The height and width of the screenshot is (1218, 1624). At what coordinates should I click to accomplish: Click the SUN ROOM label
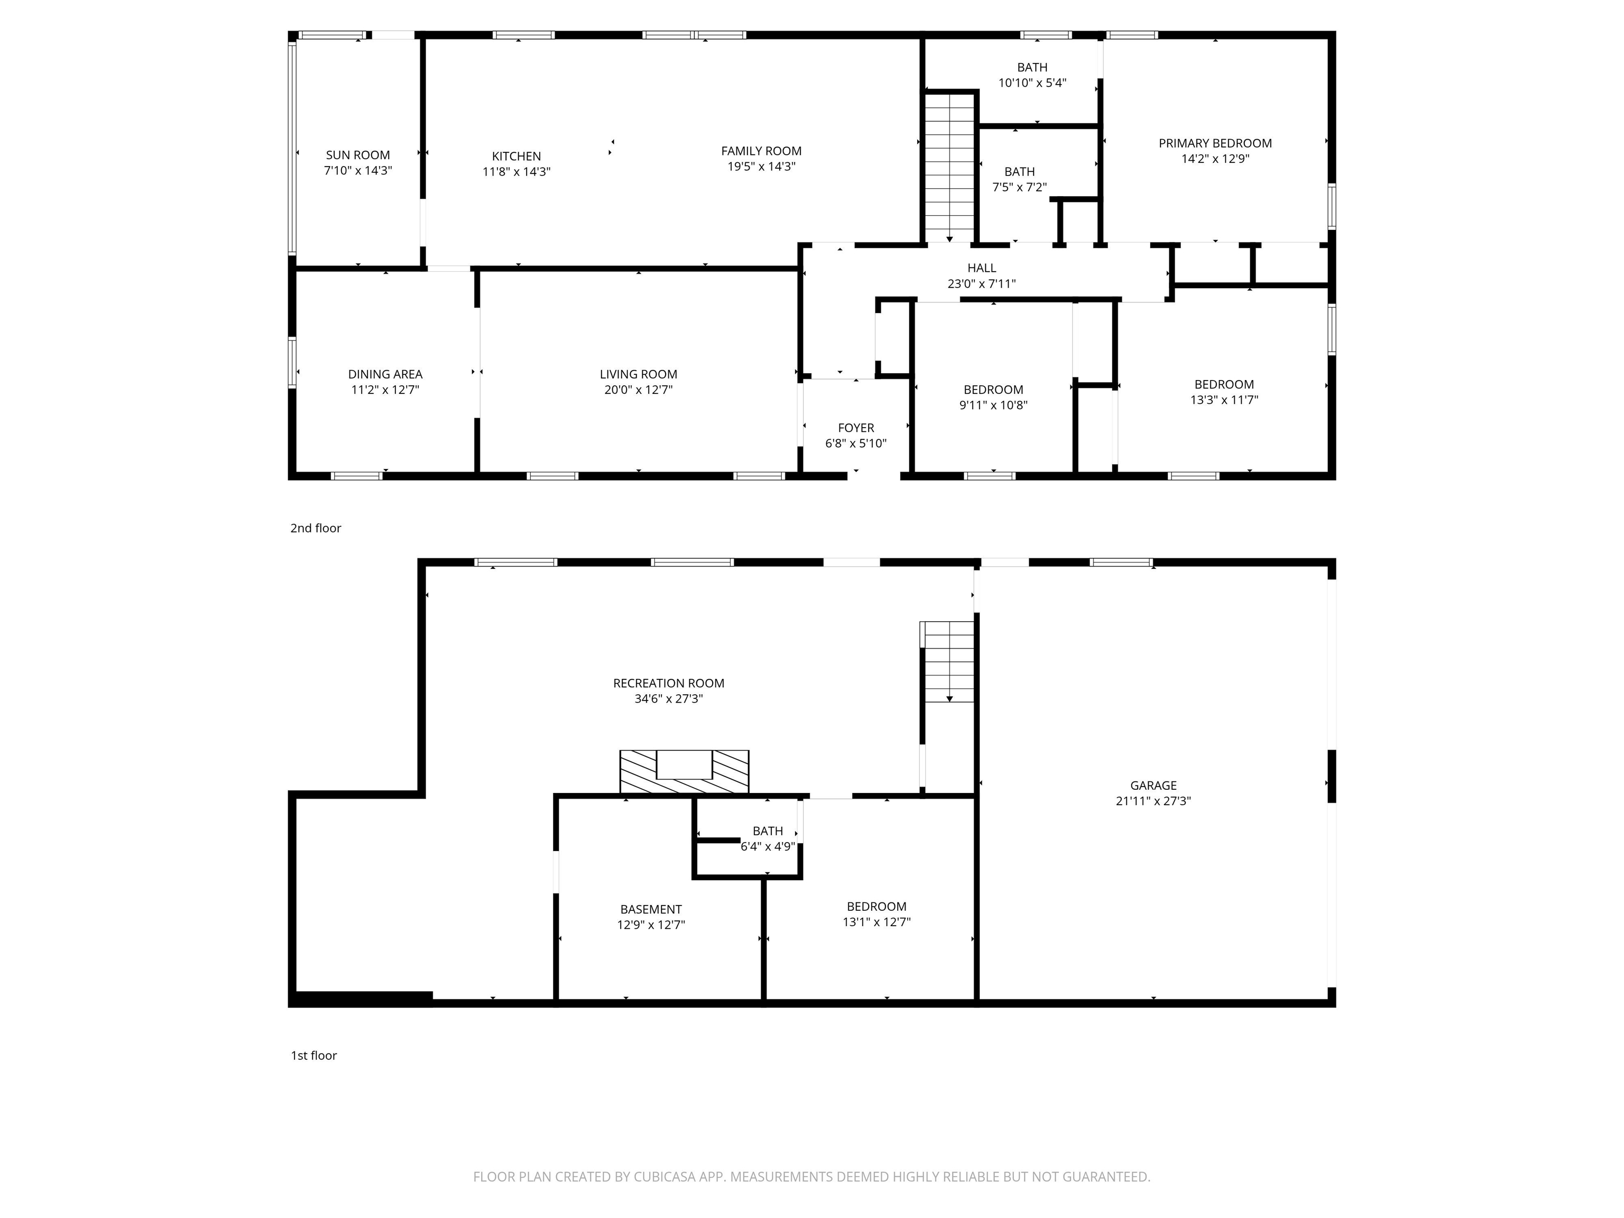[x=357, y=155]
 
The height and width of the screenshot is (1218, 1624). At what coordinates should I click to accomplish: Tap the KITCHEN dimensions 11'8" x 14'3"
[x=516, y=172]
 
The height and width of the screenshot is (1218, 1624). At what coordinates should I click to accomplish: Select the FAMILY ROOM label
[x=761, y=151]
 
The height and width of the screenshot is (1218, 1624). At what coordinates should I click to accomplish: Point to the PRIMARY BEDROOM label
[x=1214, y=143]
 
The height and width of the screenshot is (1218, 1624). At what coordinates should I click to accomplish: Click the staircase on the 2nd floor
[x=950, y=168]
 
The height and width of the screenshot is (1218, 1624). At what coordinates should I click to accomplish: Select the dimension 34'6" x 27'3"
[x=668, y=699]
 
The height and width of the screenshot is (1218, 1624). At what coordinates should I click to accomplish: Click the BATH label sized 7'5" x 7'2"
[x=1019, y=171]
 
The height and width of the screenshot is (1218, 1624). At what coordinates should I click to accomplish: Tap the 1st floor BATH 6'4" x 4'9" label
[x=767, y=831]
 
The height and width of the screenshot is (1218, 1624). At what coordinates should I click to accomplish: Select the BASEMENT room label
[x=650, y=909]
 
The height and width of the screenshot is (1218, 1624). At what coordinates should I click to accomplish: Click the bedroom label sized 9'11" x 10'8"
[x=993, y=389]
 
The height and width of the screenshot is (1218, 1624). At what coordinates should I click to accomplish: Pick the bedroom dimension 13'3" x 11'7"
[x=1223, y=400]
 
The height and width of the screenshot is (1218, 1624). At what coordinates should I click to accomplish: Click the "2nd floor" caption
[x=316, y=528]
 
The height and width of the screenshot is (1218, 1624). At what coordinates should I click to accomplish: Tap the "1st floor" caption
[x=313, y=1055]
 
